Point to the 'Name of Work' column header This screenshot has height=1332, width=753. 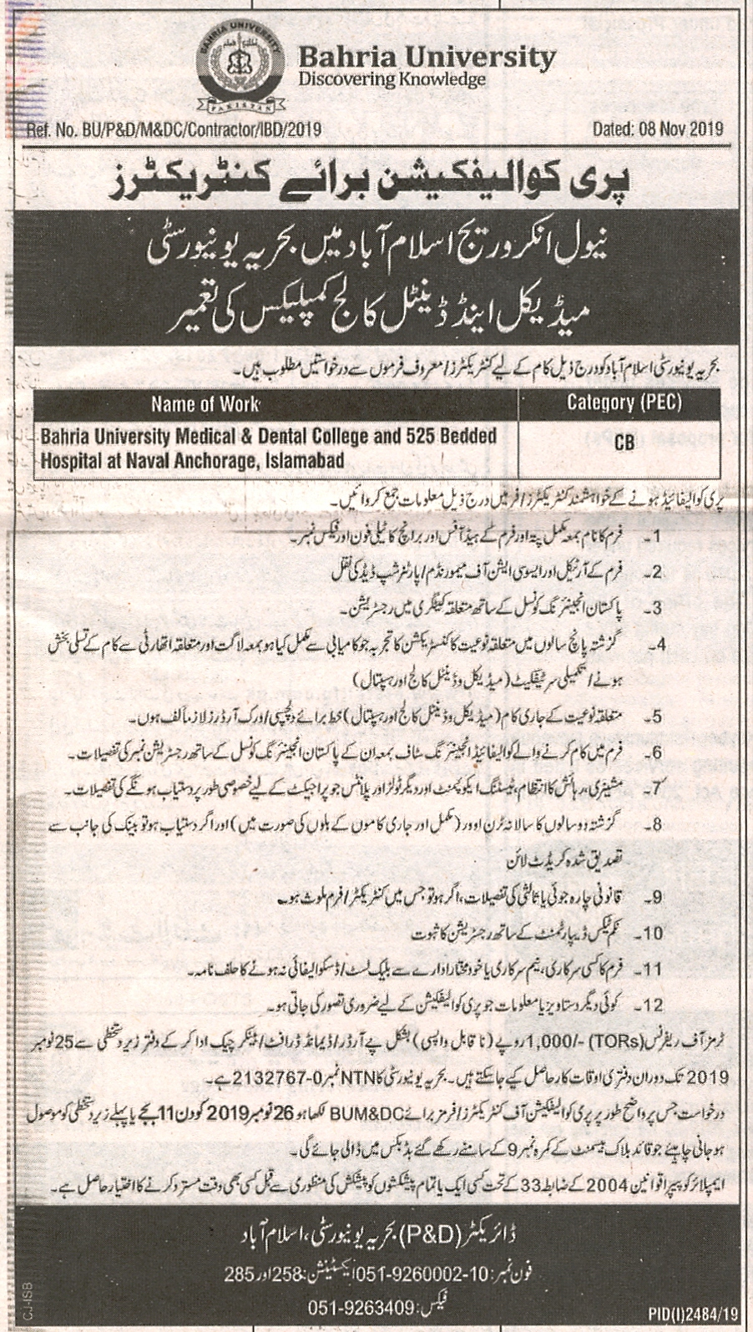tap(205, 405)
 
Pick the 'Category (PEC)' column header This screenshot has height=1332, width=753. tap(624, 403)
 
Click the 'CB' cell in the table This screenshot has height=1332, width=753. tap(624, 443)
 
